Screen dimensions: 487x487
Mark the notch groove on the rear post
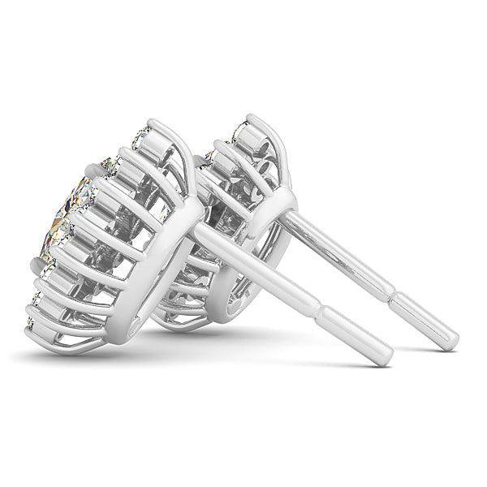pos(390,292)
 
